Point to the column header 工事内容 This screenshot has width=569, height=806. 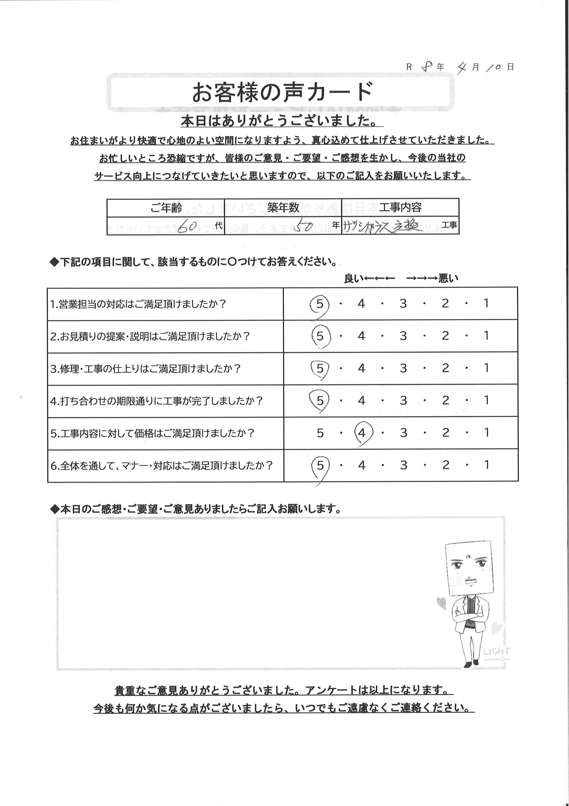pyautogui.click(x=400, y=208)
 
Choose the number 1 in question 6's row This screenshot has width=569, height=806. pyautogui.click(x=486, y=465)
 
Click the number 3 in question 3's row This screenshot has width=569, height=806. pyautogui.click(x=403, y=368)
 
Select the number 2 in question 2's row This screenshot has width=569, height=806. pyautogui.click(x=445, y=336)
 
